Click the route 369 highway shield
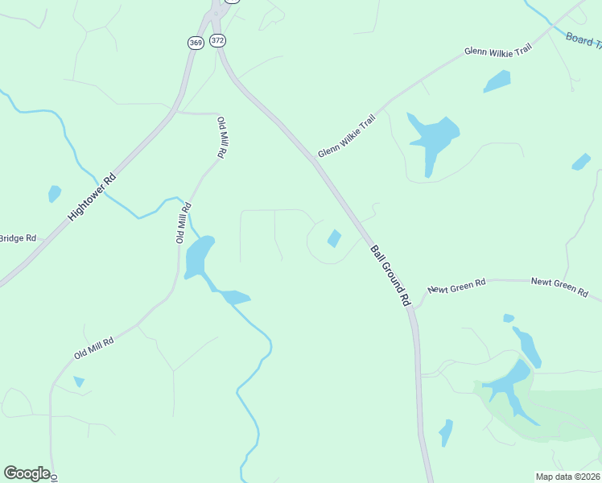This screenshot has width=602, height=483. [195, 43]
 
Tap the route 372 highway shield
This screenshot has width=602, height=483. [217, 39]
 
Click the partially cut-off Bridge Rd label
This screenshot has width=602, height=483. [18, 238]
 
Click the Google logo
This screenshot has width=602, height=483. [27, 473]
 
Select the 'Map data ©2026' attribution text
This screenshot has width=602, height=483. [567, 477]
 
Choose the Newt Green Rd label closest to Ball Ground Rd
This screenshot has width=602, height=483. [457, 286]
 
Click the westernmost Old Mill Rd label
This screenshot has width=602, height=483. [94, 348]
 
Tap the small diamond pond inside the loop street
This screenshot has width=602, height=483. [334, 238]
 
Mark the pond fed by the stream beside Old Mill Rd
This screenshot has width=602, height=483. [199, 257]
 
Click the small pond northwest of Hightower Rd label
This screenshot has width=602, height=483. [54, 193]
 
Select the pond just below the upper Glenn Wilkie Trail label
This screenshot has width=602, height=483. [497, 81]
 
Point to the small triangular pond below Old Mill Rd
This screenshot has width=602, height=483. [79, 382]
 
